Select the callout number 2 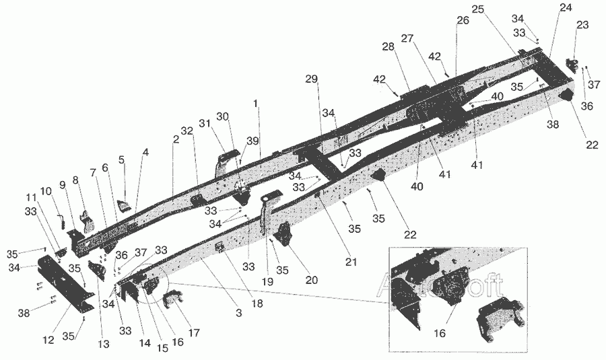[x=175, y=139]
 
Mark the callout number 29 [x=310, y=79]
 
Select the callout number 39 [x=252, y=141]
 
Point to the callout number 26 [x=462, y=21]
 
